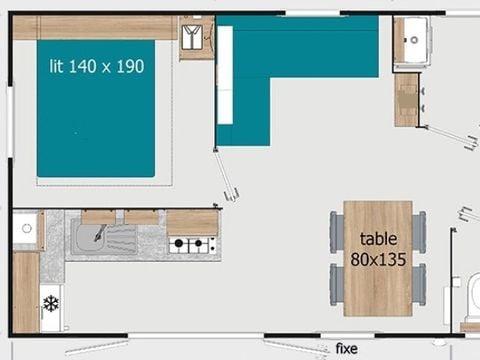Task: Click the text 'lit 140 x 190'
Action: tap(97, 67)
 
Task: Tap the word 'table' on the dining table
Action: tap(378, 240)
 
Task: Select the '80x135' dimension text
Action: tap(378, 259)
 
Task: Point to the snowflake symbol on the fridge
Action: tap(50, 301)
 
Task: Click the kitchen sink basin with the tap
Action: tap(102, 239)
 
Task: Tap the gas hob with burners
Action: tap(193, 243)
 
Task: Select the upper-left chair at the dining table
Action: tap(337, 232)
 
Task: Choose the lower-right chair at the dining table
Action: tap(420, 281)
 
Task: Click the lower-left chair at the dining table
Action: tap(337, 281)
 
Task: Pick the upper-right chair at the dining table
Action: tap(420, 232)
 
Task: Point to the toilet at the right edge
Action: tap(468, 296)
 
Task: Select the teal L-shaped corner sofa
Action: tap(290, 60)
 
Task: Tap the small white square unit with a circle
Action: tap(26, 230)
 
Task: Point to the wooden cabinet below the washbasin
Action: tap(407, 99)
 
